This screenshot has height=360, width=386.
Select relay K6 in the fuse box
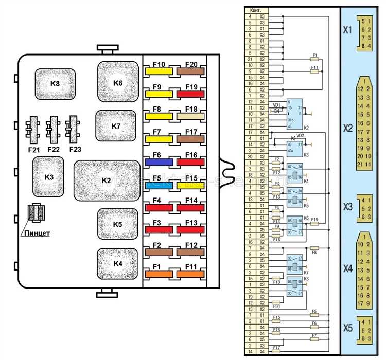(118, 82)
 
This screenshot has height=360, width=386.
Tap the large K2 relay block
(107, 181)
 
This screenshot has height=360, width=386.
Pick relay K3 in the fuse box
(48, 176)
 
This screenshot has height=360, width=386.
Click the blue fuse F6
(160, 161)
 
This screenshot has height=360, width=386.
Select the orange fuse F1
(160, 275)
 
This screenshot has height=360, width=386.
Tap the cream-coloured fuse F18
(190, 117)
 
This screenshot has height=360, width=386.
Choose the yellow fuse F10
(160, 71)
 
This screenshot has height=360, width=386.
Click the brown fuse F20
(190, 71)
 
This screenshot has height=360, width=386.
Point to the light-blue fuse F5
(160, 184)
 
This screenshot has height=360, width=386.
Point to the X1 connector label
(348, 30)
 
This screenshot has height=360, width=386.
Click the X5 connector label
(348, 328)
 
